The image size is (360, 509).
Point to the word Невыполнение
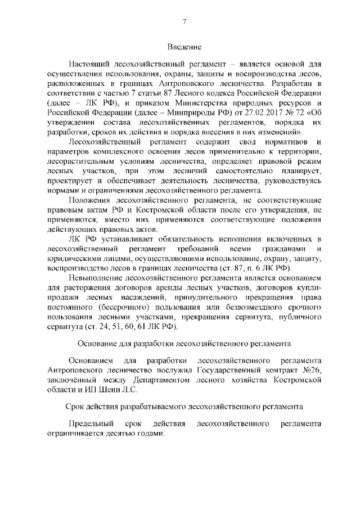(96, 278)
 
